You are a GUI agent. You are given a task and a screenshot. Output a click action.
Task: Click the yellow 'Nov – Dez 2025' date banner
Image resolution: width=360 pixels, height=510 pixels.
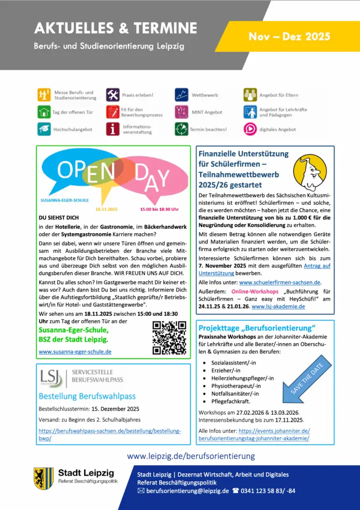(289, 37)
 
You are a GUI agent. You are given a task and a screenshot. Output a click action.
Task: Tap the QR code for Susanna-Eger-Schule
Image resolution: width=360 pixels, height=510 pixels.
(169, 337)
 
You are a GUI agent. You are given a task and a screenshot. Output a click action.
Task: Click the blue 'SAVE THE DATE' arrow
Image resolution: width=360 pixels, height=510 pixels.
(307, 379)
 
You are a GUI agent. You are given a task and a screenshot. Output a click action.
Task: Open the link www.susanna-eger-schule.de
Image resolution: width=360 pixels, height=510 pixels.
(75, 352)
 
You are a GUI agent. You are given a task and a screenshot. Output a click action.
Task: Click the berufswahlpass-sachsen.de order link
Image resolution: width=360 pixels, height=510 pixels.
(109, 434)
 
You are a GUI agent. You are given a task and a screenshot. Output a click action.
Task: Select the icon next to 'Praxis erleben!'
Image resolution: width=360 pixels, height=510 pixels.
(113, 95)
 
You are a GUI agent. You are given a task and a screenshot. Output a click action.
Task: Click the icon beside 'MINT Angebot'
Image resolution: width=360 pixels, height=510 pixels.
(181, 112)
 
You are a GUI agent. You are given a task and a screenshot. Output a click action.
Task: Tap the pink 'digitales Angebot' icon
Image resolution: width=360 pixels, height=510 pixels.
(250, 129)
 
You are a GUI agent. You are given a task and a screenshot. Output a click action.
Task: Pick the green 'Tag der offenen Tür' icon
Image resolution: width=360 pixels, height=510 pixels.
(44, 112)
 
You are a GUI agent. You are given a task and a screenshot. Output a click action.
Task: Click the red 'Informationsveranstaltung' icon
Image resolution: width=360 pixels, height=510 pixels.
(113, 129)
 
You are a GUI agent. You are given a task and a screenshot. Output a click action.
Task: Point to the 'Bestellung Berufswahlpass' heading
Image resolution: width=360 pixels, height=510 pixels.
(87, 396)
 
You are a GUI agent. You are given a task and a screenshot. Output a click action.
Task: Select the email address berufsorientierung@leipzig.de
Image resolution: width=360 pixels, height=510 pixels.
(187, 491)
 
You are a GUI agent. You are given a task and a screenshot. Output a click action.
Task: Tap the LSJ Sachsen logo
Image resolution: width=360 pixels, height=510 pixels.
(52, 378)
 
